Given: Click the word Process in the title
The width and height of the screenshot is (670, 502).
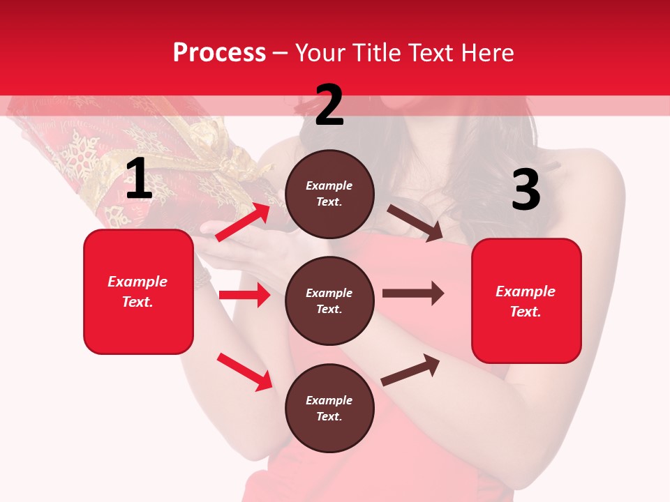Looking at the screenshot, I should pyautogui.click(x=219, y=52).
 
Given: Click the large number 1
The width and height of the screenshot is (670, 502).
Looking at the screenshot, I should pyautogui.click(x=139, y=179).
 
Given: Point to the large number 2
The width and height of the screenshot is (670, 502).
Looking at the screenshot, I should pyautogui.click(x=329, y=105).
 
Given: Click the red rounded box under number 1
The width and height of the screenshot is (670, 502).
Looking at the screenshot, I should pyautogui.click(x=138, y=291).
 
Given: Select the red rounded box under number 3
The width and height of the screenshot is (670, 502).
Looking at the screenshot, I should pyautogui.click(x=526, y=301).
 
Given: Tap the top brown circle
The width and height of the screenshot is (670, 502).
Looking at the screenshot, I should pyautogui.click(x=329, y=194).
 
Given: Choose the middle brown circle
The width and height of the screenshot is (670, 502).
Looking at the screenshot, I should pyautogui.click(x=329, y=301).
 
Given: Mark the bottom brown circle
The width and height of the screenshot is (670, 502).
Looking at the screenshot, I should pyautogui.click(x=329, y=408).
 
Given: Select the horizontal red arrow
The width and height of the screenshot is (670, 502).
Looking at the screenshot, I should pyautogui.click(x=244, y=295).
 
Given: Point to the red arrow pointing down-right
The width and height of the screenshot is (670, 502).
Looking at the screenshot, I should pyautogui.click(x=244, y=372).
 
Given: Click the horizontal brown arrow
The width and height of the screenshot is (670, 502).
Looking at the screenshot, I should pyautogui.click(x=413, y=293).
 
